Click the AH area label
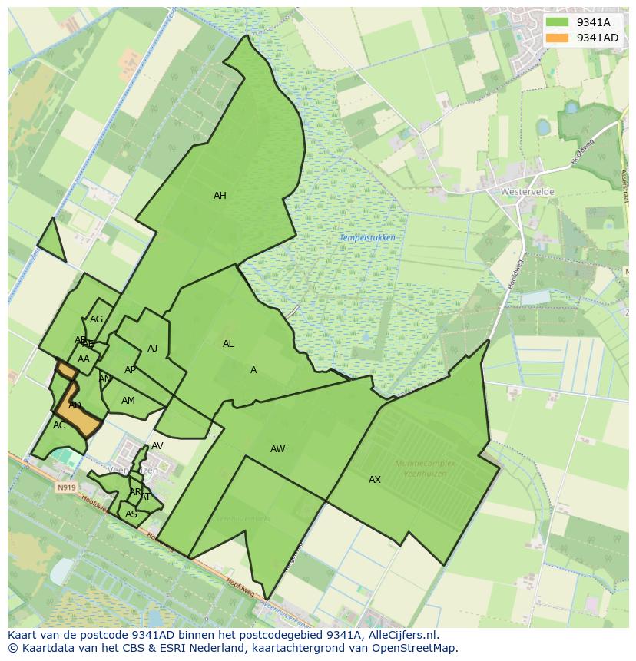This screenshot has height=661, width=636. coord(220,196)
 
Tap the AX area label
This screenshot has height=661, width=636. coord(375,480)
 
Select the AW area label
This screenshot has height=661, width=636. coord(278,449)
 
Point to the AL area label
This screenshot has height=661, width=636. coord(228,344)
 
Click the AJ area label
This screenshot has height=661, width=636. coord(152,349)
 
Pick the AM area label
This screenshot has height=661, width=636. coord(128,401)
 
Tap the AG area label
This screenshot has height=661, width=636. coord(96,319)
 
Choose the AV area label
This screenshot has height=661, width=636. coord(157,446)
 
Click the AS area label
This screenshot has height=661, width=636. coord(131,514)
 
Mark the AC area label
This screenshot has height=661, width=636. coord(59,425)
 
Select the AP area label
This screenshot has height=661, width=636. coord(130,370)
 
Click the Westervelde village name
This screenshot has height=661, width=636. coord(527,191)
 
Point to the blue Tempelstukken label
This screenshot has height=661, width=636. coord(367,238)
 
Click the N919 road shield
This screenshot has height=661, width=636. coord(67,487)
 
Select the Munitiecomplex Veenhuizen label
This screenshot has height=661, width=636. coord(425,468)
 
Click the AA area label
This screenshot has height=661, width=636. coord(84,359)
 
